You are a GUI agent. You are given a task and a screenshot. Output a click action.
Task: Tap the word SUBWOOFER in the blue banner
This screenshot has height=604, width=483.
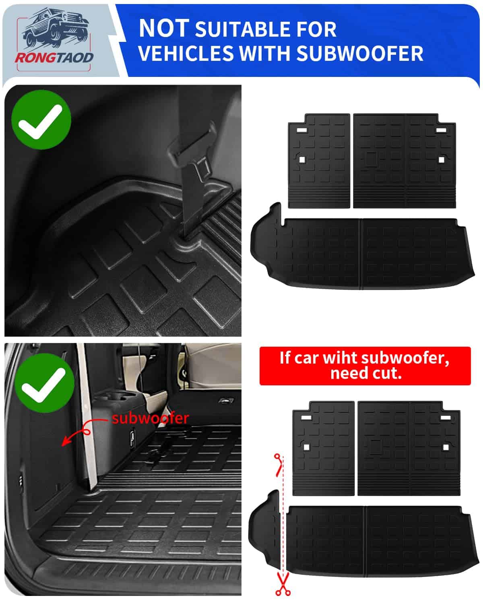pos(360,53)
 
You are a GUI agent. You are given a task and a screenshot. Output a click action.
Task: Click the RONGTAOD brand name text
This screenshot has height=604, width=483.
pos(54,58)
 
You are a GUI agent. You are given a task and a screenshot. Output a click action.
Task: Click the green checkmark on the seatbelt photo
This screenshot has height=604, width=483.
pos(41,120)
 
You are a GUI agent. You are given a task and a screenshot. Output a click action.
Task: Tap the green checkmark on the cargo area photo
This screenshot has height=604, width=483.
pos(44,383)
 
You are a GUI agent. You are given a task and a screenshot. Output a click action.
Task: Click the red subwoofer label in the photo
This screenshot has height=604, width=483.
pos(151,418)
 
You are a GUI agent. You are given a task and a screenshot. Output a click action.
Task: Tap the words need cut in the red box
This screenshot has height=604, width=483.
pos(366,374)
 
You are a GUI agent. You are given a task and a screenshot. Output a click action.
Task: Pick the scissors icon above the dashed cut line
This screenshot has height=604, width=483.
pos(279,465)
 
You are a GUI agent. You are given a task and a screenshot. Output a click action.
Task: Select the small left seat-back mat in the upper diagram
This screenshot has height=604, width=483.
pos(319,161)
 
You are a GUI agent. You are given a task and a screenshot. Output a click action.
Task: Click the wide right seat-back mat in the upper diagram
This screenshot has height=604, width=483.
pos(405,161)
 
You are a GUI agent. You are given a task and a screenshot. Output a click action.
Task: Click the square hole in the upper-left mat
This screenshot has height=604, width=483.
pos(302,160)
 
